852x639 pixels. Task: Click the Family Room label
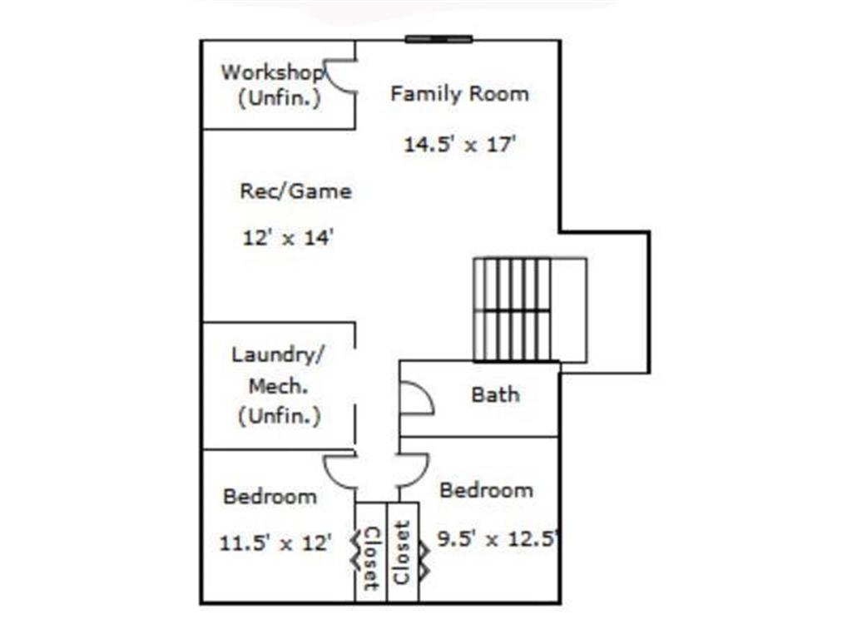point(459,93)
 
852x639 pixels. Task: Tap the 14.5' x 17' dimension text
point(459,145)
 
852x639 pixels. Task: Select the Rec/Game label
point(295,191)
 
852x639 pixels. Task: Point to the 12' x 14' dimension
point(287,237)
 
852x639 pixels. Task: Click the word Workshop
point(272,72)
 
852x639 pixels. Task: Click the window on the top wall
point(438,39)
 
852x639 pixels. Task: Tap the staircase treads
point(512,310)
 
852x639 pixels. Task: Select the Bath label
point(495,394)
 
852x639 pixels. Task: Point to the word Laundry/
point(278,355)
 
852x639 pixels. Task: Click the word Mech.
point(278,386)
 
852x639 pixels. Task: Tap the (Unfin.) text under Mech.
point(280,417)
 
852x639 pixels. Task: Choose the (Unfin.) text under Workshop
point(280,98)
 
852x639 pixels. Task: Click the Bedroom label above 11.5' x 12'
point(270,497)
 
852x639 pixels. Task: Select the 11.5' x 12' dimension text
point(275,542)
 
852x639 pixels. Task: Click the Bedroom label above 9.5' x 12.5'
point(486,491)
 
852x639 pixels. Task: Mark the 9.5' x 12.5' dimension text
point(498,539)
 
